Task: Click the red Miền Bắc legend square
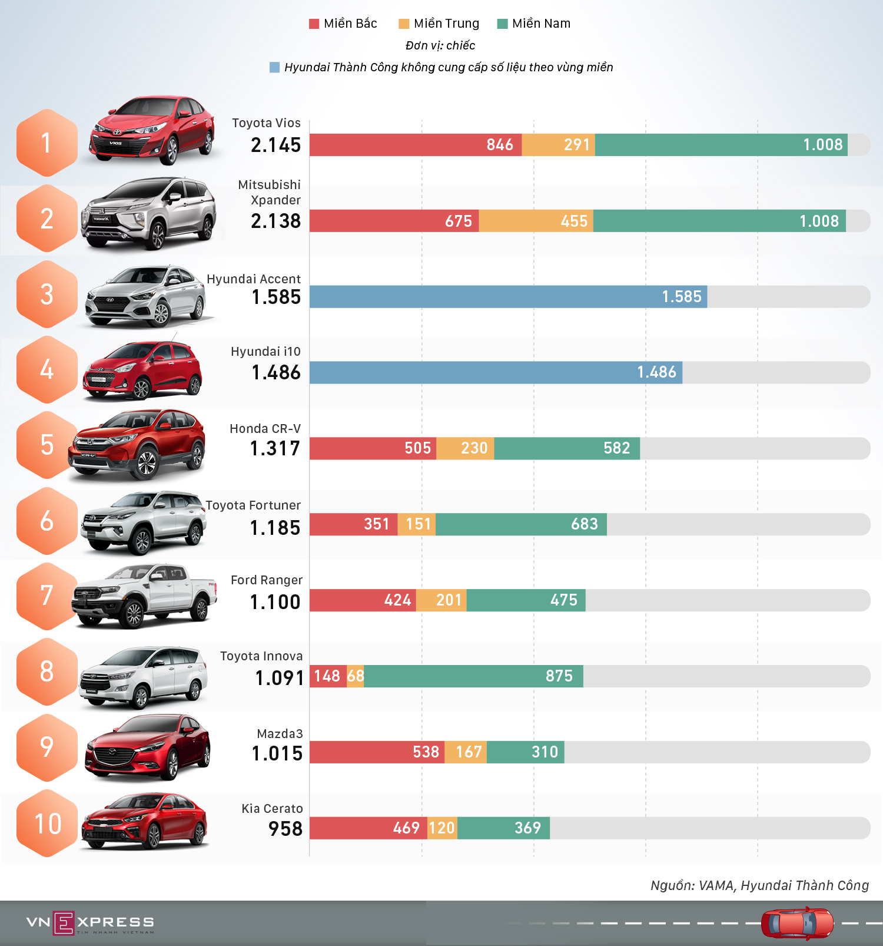[314, 24]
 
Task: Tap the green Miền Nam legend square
[502, 24]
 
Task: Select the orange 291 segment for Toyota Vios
[558, 145]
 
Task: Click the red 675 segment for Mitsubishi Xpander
[394, 221]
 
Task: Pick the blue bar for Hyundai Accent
[507, 297]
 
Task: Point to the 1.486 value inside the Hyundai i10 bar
[656, 372]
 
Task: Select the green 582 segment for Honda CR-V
[566, 448]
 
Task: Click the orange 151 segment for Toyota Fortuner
[417, 524]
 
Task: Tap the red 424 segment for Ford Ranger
[363, 600]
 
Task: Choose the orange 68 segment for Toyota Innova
[356, 676]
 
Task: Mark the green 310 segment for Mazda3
[525, 752]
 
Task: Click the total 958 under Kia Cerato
[285, 829]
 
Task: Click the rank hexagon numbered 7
[47, 596]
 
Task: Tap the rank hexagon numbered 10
[47, 823]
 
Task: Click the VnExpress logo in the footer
[89, 923]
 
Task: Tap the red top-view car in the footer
[797, 923]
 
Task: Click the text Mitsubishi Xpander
[270, 193]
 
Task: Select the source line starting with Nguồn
[759, 885]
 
